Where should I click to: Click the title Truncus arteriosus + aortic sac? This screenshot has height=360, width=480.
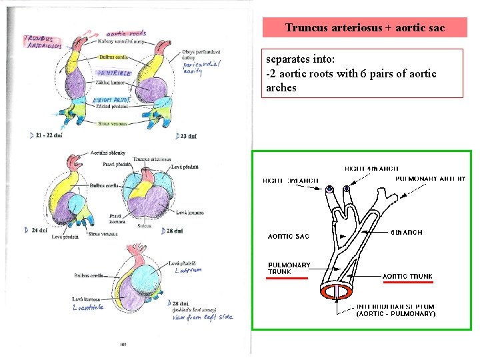[x=364, y=27]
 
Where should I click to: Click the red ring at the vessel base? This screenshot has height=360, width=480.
[x=340, y=291]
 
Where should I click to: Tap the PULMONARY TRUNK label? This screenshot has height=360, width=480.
[x=289, y=268]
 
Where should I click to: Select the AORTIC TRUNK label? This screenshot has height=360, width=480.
[x=407, y=276]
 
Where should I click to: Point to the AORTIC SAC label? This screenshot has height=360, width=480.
[x=289, y=236]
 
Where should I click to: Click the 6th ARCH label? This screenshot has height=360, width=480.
[x=406, y=233]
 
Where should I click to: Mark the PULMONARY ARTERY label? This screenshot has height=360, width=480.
[x=431, y=179]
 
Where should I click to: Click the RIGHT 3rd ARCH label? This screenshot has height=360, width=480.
[x=291, y=181]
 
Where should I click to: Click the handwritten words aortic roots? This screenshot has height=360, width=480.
[x=127, y=33]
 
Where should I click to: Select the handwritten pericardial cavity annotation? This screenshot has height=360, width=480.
[x=201, y=67]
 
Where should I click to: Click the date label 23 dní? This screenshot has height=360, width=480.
[x=187, y=136]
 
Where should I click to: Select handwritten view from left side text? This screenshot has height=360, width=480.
[x=203, y=317]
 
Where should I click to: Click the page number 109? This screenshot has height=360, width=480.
[x=123, y=345]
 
